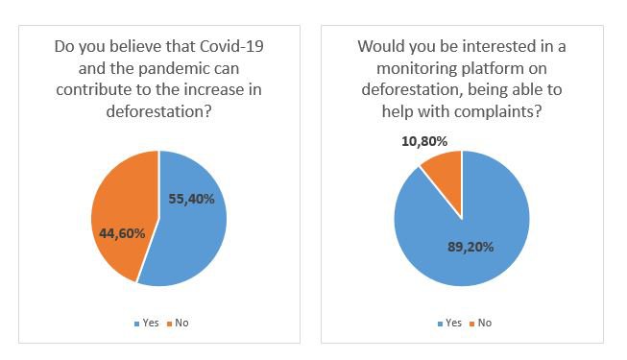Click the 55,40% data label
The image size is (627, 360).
pos(191,198)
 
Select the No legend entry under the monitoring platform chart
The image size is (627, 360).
pos(482,323)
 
